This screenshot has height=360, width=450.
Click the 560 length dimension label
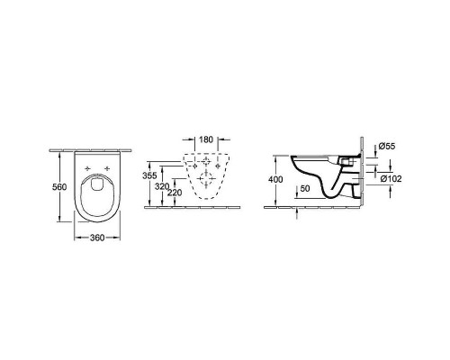[x=59, y=187]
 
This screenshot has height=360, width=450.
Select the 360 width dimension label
[x=97, y=238]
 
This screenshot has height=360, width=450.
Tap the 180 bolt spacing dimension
[x=206, y=139]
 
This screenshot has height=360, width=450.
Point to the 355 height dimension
[x=149, y=175]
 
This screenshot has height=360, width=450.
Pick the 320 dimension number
[x=162, y=186]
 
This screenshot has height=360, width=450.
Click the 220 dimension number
[x=175, y=193]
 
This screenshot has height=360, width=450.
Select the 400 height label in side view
[x=275, y=179]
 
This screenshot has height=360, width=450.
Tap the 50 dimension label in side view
[x=305, y=188]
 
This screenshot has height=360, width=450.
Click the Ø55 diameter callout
[x=387, y=147]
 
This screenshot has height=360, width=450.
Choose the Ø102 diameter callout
[x=391, y=179]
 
